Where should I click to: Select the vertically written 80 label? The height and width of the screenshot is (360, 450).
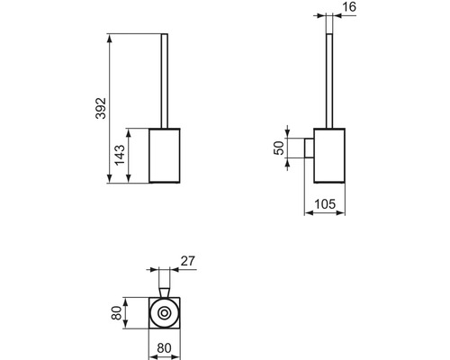[x=115, y=314]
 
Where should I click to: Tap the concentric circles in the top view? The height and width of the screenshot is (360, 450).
[x=164, y=315]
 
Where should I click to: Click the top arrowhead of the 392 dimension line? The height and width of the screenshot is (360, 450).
[x=109, y=37]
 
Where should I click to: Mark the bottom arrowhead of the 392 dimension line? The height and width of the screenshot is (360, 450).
[x=109, y=181]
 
